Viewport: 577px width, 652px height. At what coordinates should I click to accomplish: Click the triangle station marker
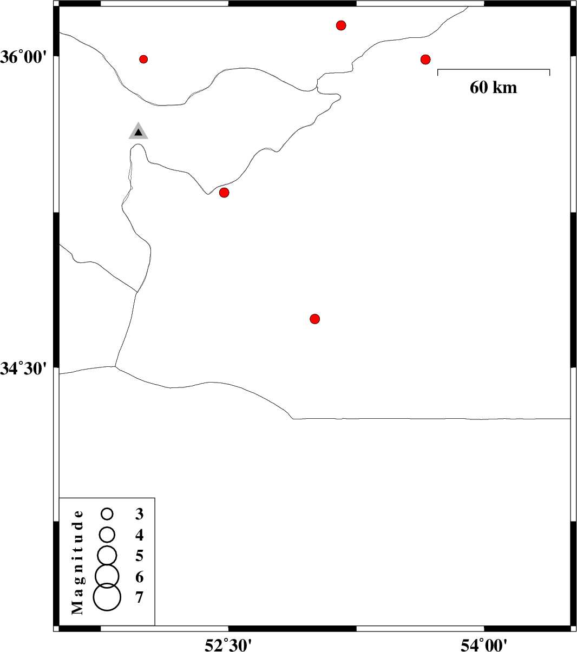pyautogui.click(x=138, y=131)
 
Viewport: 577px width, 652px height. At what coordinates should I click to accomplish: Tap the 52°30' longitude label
pyautogui.click(x=228, y=644)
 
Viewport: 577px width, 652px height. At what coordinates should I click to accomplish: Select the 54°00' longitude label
pyautogui.click(x=484, y=644)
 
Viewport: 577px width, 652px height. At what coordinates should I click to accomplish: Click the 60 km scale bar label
pyautogui.click(x=493, y=88)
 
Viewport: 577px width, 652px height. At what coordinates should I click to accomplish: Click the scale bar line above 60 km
pyautogui.click(x=494, y=69)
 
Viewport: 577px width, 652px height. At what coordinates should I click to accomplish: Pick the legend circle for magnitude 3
pyautogui.click(x=107, y=513)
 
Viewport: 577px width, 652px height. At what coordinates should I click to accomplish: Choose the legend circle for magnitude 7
pyautogui.click(x=107, y=597)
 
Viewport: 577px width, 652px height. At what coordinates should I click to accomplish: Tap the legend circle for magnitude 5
pyautogui.click(x=107, y=556)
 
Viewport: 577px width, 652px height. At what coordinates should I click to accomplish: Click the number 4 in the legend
pyautogui.click(x=139, y=535)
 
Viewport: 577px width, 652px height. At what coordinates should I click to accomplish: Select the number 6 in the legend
pyautogui.click(x=139, y=577)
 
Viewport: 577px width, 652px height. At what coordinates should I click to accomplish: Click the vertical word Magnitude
pyautogui.click(x=77, y=562)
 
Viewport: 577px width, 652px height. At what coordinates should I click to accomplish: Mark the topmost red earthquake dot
pyautogui.click(x=341, y=25)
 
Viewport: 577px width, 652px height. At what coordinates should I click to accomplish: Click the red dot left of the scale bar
pyautogui.click(x=425, y=60)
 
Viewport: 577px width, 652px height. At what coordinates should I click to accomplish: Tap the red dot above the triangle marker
pyautogui.click(x=143, y=59)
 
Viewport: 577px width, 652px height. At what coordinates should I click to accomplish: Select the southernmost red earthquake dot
pyautogui.click(x=315, y=319)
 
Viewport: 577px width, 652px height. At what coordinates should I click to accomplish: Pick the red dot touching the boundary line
pyautogui.click(x=224, y=193)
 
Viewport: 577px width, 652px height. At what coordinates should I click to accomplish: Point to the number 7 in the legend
pyautogui.click(x=139, y=597)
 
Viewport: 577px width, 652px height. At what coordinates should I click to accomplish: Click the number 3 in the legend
pyautogui.click(x=139, y=514)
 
